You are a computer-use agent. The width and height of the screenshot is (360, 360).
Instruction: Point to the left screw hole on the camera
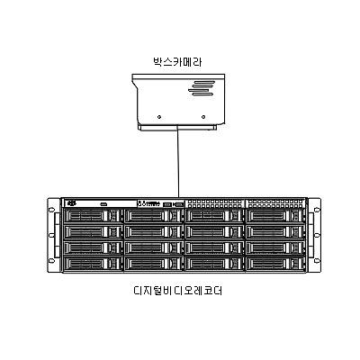pos(159,116)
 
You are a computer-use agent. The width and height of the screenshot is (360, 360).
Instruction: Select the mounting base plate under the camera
pos(179,126)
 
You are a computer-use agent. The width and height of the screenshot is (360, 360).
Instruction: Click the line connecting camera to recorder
pos(179,162)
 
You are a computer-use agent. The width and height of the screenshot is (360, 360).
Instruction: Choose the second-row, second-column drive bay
pos(152,231)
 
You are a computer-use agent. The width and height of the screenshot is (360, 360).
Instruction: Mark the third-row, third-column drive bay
pos(213,247)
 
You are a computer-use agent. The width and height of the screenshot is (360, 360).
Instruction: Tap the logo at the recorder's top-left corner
pos(72,203)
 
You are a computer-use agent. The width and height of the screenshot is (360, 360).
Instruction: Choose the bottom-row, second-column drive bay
pos(152,263)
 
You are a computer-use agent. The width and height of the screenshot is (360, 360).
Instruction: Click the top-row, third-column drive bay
pos(213,216)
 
